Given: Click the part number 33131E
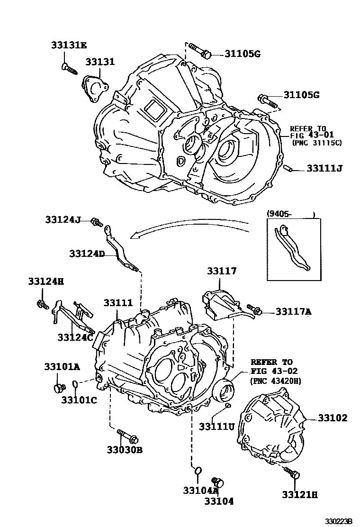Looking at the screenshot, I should pos(69,45).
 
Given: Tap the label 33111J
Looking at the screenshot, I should pos(324,168).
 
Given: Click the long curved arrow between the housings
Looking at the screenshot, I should pos(189,230).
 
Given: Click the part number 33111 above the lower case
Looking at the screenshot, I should pos(118,302).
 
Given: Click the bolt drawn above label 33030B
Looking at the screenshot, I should pos(126,434).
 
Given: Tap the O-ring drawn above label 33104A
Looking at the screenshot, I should pos(198,471).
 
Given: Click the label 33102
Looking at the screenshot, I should pos(332,418).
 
